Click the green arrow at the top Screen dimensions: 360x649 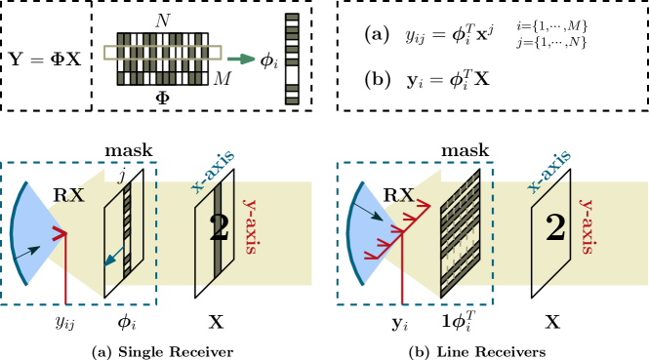click(x=241, y=59)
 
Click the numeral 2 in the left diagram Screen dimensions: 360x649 click(x=219, y=228)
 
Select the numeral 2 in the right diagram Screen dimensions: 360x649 click(x=555, y=228)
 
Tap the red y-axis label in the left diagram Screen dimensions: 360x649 click(x=250, y=226)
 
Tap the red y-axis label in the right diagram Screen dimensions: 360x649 click(x=587, y=226)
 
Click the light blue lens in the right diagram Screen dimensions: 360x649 click(x=371, y=234)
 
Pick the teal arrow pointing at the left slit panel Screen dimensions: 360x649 click(x=114, y=258)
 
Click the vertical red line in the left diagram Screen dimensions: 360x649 click(x=65, y=273)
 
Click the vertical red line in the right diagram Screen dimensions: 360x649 click(x=401, y=273)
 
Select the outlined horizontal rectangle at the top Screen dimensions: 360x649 click(x=162, y=53)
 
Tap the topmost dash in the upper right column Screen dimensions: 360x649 click(x=292, y=17)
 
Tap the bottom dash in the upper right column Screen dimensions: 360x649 click(x=292, y=100)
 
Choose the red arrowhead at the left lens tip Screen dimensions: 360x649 click(x=61, y=233)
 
